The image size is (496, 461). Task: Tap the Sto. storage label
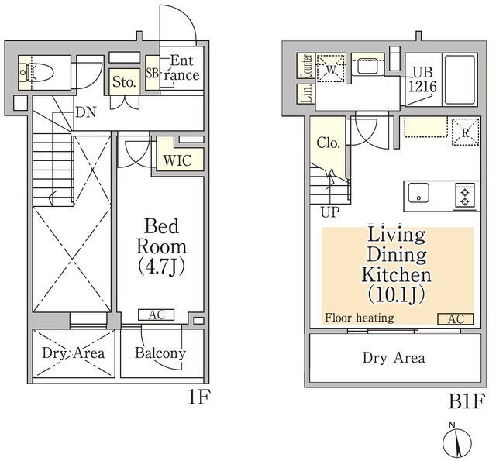(x=124, y=82)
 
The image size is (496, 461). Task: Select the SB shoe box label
(x=152, y=73)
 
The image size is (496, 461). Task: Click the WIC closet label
(x=177, y=160)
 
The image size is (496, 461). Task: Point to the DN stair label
(x=86, y=112)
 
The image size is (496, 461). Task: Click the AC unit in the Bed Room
(x=157, y=315)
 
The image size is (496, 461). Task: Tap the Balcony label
(x=160, y=353)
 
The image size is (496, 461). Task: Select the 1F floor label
(x=199, y=397)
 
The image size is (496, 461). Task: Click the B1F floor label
(x=467, y=401)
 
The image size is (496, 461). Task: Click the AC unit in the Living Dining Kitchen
(x=455, y=319)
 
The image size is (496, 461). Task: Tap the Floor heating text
(x=360, y=318)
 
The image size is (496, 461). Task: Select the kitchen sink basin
(x=418, y=193)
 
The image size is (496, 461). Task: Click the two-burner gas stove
(x=465, y=196)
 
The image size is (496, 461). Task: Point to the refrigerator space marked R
(x=465, y=132)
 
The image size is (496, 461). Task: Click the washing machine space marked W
(x=331, y=69)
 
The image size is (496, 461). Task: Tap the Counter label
(x=306, y=66)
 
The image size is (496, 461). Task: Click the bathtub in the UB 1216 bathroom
(x=460, y=80)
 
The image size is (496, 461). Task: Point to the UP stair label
(x=330, y=212)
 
